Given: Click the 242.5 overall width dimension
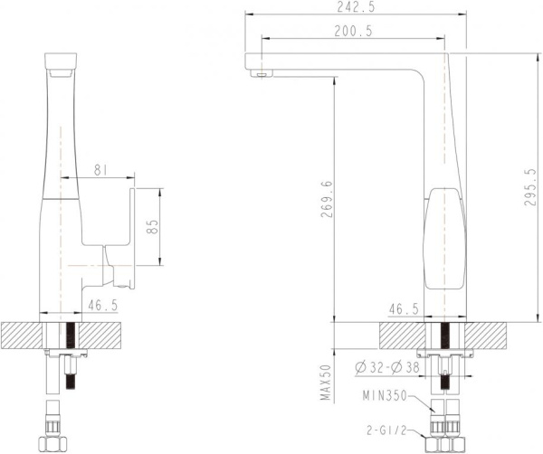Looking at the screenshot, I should coord(356,7).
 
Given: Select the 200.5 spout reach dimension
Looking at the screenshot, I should coord(356,31).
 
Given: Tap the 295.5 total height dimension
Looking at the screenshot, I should coord(530,187).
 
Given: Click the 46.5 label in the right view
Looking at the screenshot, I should coord(404,308).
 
